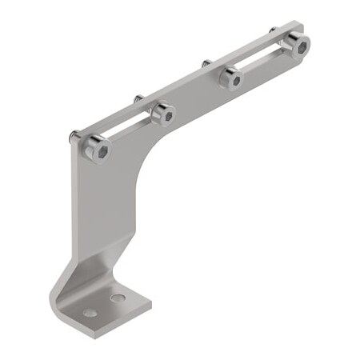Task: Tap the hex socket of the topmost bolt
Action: click(299, 46)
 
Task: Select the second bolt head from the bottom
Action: click(163, 114)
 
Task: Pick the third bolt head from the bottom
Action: click(232, 78)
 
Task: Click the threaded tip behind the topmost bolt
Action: click(273, 30)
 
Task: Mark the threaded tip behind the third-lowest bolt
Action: click(206, 62)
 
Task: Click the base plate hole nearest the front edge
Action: click(90, 312)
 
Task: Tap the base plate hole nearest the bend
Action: click(118, 298)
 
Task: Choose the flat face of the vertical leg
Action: click(100, 208)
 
